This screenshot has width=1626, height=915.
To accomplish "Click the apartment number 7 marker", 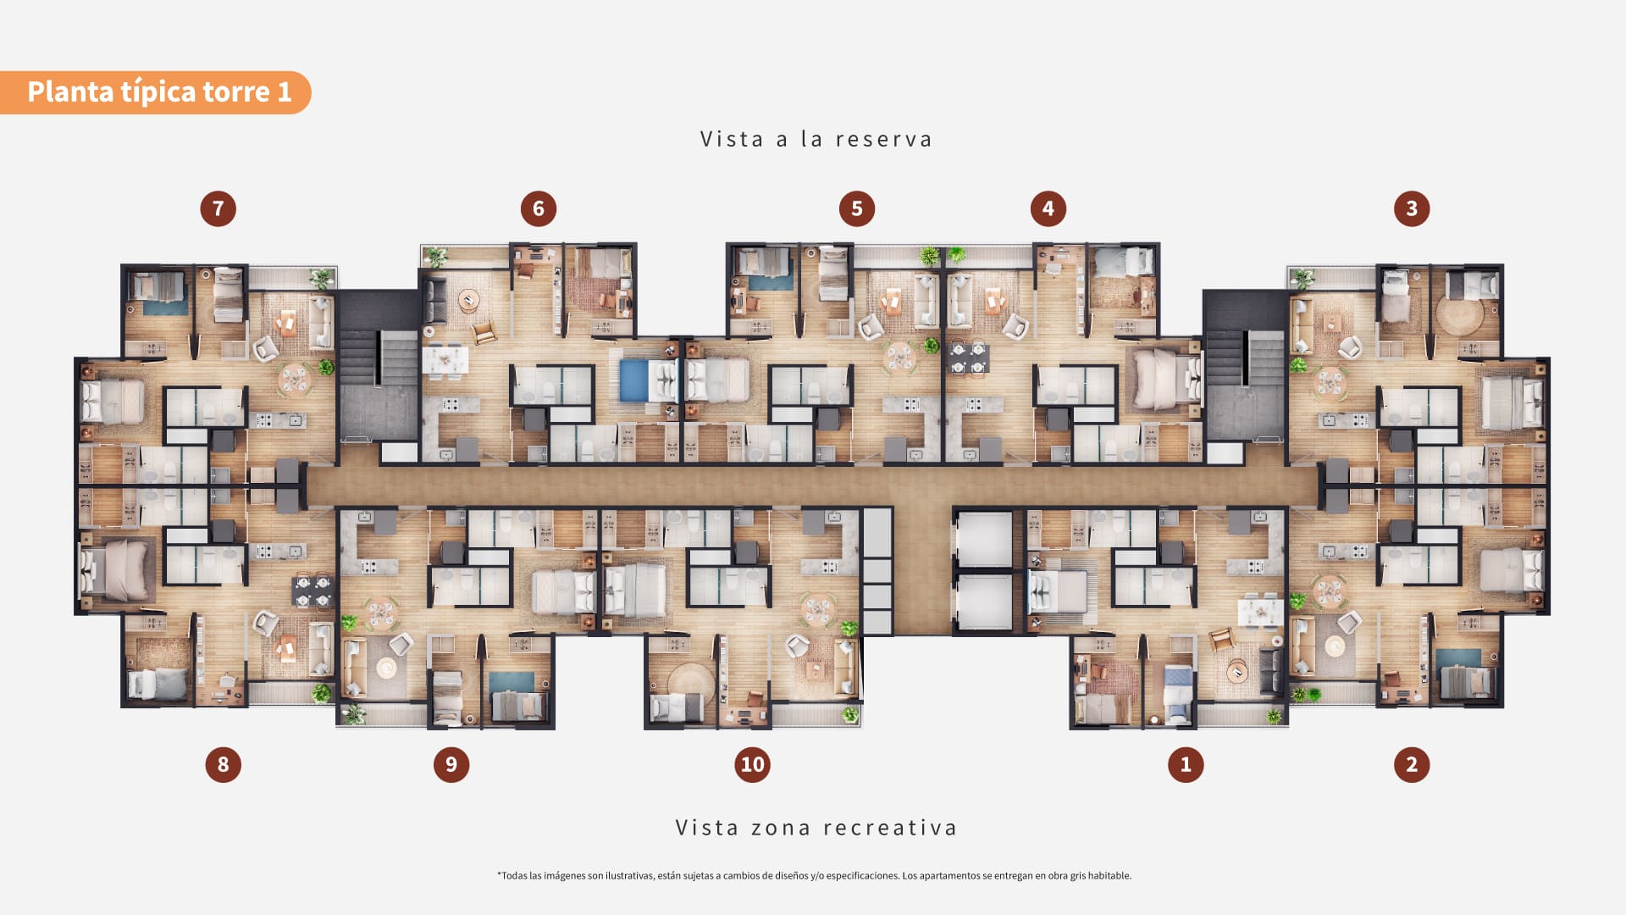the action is click(218, 208).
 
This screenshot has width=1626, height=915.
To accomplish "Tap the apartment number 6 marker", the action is click(539, 208).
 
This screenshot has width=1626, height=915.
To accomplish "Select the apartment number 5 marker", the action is click(857, 208).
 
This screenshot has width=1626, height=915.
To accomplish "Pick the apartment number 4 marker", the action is click(1048, 208).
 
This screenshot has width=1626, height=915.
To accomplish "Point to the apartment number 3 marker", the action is click(1412, 208).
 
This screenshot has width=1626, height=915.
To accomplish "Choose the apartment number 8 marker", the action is click(224, 764).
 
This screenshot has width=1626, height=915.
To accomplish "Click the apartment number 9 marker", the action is click(451, 764).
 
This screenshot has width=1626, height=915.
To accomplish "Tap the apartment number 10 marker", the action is click(753, 764).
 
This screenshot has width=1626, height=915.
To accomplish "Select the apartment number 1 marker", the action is click(1186, 764).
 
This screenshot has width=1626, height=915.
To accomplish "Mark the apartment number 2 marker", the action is click(1412, 764).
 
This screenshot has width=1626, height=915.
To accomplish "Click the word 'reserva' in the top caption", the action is click(883, 140).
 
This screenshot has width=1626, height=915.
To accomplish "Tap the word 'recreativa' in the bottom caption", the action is click(890, 828).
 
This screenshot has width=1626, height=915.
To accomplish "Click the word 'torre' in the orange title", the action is click(236, 91).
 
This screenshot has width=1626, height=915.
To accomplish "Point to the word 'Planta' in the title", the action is click(70, 91).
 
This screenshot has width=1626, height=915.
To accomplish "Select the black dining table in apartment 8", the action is click(312, 591).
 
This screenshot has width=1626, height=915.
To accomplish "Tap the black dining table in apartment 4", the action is click(968, 358).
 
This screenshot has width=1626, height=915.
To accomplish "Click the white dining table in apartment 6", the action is click(445, 360).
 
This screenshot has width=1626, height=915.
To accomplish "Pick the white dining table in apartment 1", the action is click(1259, 611).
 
